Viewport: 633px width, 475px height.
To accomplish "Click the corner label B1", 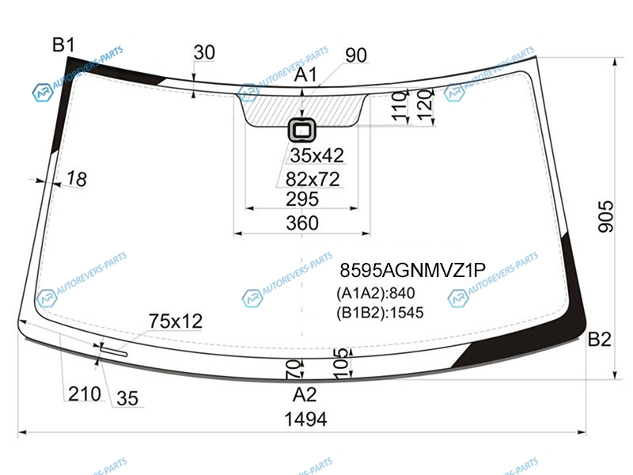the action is (63, 44).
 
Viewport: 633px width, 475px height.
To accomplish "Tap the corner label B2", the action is (599, 340).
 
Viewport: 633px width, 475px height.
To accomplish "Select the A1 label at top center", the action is (305, 75).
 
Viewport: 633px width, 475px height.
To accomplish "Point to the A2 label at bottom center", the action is (305, 394).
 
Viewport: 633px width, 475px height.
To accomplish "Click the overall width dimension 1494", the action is (305, 420).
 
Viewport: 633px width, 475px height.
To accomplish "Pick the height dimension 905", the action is (605, 216).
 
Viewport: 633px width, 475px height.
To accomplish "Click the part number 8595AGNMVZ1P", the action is (412, 270).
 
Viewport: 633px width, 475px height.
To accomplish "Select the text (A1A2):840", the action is (375, 293).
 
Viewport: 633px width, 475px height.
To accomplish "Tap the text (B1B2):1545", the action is (380, 313).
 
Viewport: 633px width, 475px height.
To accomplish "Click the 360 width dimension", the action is (302, 223).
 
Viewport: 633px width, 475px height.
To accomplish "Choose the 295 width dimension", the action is (302, 199).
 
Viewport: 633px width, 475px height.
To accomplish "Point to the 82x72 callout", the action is (313, 179).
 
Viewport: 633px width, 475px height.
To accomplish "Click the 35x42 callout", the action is (317, 155).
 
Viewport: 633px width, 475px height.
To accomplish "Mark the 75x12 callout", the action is (176, 321).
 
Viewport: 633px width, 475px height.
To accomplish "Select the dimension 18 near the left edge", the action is (77, 179).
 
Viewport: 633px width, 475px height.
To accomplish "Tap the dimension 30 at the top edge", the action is (204, 52).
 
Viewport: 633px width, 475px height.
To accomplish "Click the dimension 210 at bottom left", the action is (85, 393).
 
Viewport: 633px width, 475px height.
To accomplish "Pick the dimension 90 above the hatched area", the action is (356, 55).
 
